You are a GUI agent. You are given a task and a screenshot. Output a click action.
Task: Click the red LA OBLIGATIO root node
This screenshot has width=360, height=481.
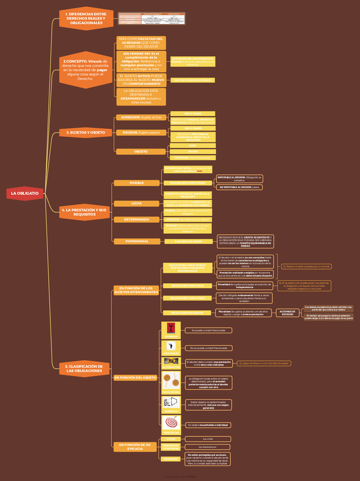(24, 193)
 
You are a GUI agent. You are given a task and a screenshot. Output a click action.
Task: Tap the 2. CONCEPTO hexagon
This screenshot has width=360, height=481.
(86, 70)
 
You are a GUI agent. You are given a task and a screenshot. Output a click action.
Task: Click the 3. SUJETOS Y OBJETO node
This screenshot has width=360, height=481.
(86, 132)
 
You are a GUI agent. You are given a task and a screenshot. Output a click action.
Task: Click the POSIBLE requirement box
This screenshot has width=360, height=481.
(137, 183)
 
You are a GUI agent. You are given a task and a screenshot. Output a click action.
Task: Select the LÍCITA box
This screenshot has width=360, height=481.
(137, 203)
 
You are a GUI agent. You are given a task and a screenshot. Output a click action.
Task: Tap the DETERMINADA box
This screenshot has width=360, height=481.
(137, 220)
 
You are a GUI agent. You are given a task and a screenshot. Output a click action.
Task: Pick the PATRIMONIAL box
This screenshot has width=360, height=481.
(137, 241)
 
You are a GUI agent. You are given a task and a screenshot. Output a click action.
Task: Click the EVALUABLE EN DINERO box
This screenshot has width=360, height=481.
(188, 242)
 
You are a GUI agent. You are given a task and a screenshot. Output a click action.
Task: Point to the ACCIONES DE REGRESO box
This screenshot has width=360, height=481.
(287, 313)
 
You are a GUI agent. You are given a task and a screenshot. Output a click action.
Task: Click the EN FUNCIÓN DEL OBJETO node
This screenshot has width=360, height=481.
(135, 378)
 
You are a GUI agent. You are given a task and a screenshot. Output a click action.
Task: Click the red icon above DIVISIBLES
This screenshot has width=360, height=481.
(171, 328)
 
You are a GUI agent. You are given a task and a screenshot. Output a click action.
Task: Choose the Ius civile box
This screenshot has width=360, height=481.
(207, 439)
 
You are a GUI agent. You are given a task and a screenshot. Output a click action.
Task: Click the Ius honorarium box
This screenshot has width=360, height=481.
(207, 447)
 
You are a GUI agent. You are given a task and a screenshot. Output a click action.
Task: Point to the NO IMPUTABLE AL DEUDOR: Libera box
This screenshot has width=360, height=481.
(239, 187)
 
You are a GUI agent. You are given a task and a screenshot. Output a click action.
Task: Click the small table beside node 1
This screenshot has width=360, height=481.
(152, 19)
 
